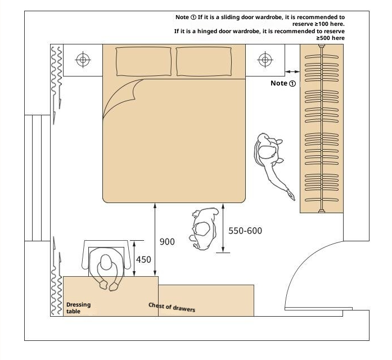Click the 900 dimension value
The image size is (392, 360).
pos(167,242)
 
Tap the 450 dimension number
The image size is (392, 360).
pos(143,260)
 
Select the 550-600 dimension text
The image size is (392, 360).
pos(245,231)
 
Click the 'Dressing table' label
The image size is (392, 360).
pos(78,308)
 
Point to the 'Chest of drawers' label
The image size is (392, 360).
pos(172,307)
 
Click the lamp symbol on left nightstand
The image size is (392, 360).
pos(83,60)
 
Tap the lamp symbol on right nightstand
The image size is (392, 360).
pos(265,60)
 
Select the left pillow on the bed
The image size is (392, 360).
pos(144,61)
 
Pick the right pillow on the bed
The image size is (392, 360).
pos(204,61)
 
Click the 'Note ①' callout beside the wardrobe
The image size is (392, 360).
pos(283,83)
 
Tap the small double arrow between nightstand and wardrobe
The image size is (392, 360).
pos(292,72)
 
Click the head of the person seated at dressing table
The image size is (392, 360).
pos(106,262)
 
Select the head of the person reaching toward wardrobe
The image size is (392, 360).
pos(267,152)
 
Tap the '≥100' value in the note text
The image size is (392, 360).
pos(322,24)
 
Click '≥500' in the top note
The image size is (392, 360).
pos(324,38)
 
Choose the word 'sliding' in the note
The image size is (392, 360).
pos(230,17)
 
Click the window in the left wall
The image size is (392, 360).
pos(37,178)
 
